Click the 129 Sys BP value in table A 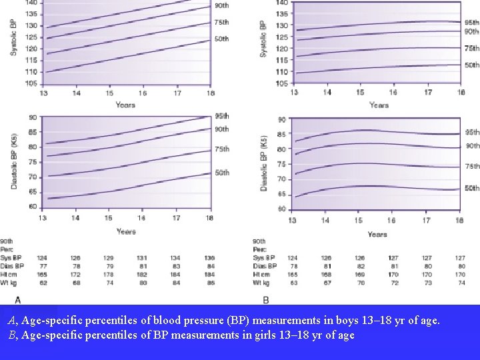pos(108,258)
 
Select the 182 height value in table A pos(142,275)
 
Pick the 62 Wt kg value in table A pos(42,283)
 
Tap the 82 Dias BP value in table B pos(360,266)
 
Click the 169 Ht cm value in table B pos(360,274)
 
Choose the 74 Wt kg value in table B pos(461,283)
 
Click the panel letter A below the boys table pos(17,299)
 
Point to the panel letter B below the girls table pos(267,300)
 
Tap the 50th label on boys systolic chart pos(221,39)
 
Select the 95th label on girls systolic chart pos(471,23)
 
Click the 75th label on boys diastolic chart pos(221,149)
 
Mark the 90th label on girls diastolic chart pos(472,146)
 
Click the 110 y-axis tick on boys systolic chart pos(31,72)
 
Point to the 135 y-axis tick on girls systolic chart pos(282,13)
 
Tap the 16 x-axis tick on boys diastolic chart pos(142,217)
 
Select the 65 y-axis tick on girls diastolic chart pos(282,194)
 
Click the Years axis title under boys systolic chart pos(125,105)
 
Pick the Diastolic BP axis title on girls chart pos(264,163)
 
